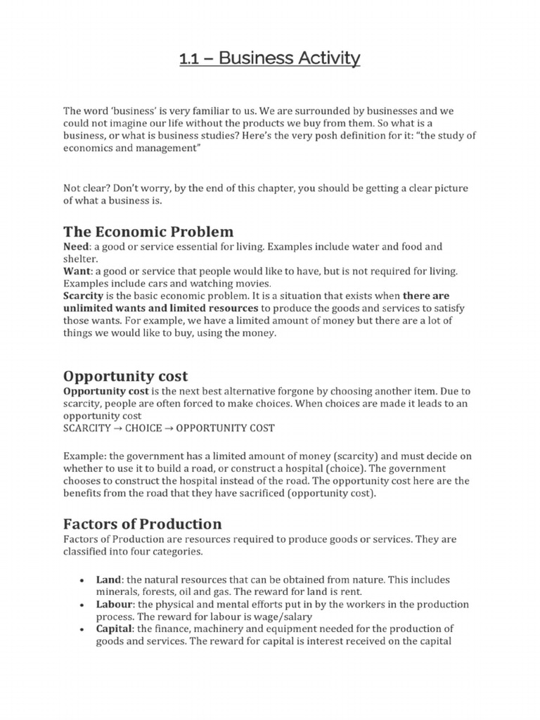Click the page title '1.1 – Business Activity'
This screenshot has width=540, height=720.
(269, 58)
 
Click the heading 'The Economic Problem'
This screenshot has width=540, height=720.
(148, 232)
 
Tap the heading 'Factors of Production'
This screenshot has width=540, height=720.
(143, 524)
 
